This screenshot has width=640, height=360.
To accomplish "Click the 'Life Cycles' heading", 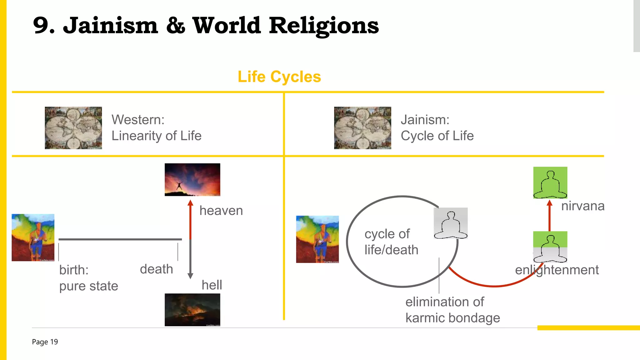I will coord(279,77).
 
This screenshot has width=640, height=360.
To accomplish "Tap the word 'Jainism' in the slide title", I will coord(111,26).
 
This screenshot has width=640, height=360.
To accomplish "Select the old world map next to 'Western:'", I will coord(73,128).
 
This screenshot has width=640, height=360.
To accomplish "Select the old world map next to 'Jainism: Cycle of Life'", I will coord(362,128).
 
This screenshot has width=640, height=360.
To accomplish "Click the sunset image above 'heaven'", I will coord(192,180).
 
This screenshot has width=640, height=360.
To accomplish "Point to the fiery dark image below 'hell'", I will coord(192,310).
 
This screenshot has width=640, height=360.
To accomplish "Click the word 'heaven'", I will coord(221,211).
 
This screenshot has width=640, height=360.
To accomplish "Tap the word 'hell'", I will coord(212,285).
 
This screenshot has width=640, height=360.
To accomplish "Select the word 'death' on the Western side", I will coord(156,269).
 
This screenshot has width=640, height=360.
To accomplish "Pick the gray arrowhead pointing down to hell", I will coord(190,276).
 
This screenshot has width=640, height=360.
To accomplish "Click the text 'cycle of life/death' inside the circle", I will coord(391,242).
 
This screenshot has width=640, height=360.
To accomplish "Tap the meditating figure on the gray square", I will coord(451,223).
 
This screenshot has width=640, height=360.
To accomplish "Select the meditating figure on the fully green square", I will coord(550,182).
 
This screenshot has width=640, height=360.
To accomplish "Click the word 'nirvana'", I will coord(582,206).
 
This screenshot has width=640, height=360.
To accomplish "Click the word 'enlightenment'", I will coord(557,270).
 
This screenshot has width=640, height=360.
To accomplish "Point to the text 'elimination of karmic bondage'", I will coord(452,310).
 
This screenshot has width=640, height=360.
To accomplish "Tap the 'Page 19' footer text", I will coord(45,342).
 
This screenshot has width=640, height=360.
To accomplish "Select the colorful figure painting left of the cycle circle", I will coord(317,239).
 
